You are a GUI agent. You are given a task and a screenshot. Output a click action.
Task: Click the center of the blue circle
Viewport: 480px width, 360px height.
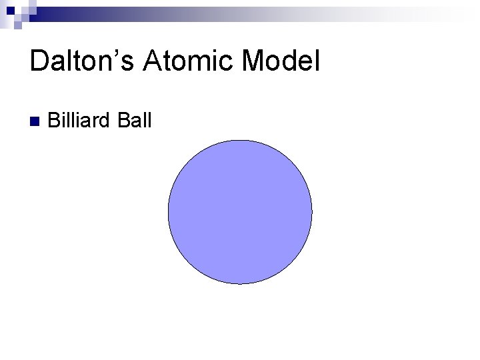click(x=240, y=212)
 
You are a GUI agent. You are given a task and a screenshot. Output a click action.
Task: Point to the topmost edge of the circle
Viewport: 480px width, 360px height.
click(x=240, y=140)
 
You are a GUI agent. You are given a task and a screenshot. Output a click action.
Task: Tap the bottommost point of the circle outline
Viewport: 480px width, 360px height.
click(x=240, y=284)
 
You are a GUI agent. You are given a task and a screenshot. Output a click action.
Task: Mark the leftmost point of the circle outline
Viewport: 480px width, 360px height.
click(x=168, y=212)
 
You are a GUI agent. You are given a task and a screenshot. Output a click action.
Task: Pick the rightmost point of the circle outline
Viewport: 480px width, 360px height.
click(x=312, y=212)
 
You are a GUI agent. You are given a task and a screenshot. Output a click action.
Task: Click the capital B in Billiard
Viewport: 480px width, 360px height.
click(x=55, y=121)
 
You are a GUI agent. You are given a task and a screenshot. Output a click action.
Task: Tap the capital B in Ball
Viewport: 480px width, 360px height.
click(x=123, y=121)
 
